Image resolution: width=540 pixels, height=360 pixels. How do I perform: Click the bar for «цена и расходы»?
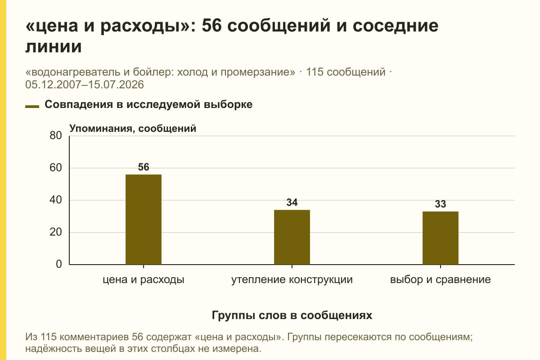[144, 220]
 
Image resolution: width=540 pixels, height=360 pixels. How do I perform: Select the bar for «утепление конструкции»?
[292, 237]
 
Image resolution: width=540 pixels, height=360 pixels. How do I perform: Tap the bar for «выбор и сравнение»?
[441, 238]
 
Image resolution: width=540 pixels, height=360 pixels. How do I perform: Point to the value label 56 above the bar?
[144, 167]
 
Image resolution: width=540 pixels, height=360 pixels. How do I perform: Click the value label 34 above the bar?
[292, 202]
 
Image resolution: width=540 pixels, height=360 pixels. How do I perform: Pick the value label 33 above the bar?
[441, 204]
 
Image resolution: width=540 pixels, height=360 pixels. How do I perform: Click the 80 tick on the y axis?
[56, 135]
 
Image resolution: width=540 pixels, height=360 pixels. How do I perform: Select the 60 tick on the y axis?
[56, 168]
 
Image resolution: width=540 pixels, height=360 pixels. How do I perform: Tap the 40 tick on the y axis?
[56, 200]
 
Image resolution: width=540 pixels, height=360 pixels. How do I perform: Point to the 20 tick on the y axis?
[56, 232]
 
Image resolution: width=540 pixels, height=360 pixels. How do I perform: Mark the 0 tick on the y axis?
[59, 264]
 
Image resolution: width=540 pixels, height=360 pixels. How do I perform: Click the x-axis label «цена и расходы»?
[144, 280]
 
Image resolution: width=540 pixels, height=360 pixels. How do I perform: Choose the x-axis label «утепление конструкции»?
[292, 280]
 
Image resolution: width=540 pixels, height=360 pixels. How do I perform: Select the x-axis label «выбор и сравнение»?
[441, 280]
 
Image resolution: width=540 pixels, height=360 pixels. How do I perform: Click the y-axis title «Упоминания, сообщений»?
[133, 129]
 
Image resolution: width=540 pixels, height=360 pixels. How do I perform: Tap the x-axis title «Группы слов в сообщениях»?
[292, 315]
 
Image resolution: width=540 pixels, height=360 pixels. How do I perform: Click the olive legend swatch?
[32, 106]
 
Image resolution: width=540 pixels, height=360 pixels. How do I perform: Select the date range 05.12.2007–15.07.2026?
[85, 85]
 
